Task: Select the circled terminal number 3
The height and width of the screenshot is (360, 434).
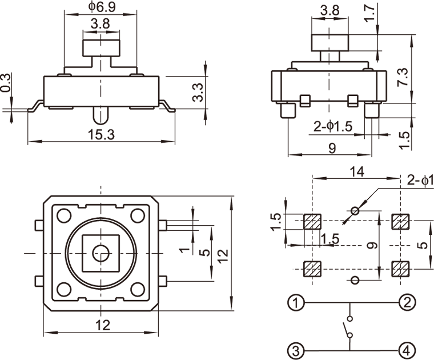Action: click(295, 349)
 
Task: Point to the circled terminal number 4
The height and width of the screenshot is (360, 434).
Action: click(407, 349)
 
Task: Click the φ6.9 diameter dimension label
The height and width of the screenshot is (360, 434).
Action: click(101, 7)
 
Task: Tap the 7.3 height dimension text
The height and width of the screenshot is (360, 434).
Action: click(403, 77)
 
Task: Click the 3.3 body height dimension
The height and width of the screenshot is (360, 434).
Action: click(198, 91)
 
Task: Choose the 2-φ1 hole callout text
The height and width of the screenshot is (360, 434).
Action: click(421, 181)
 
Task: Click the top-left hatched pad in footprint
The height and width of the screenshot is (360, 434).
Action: click(312, 221)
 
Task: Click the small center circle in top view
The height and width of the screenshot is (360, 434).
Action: click(102, 252)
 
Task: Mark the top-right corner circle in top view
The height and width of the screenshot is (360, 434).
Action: click(137, 216)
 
